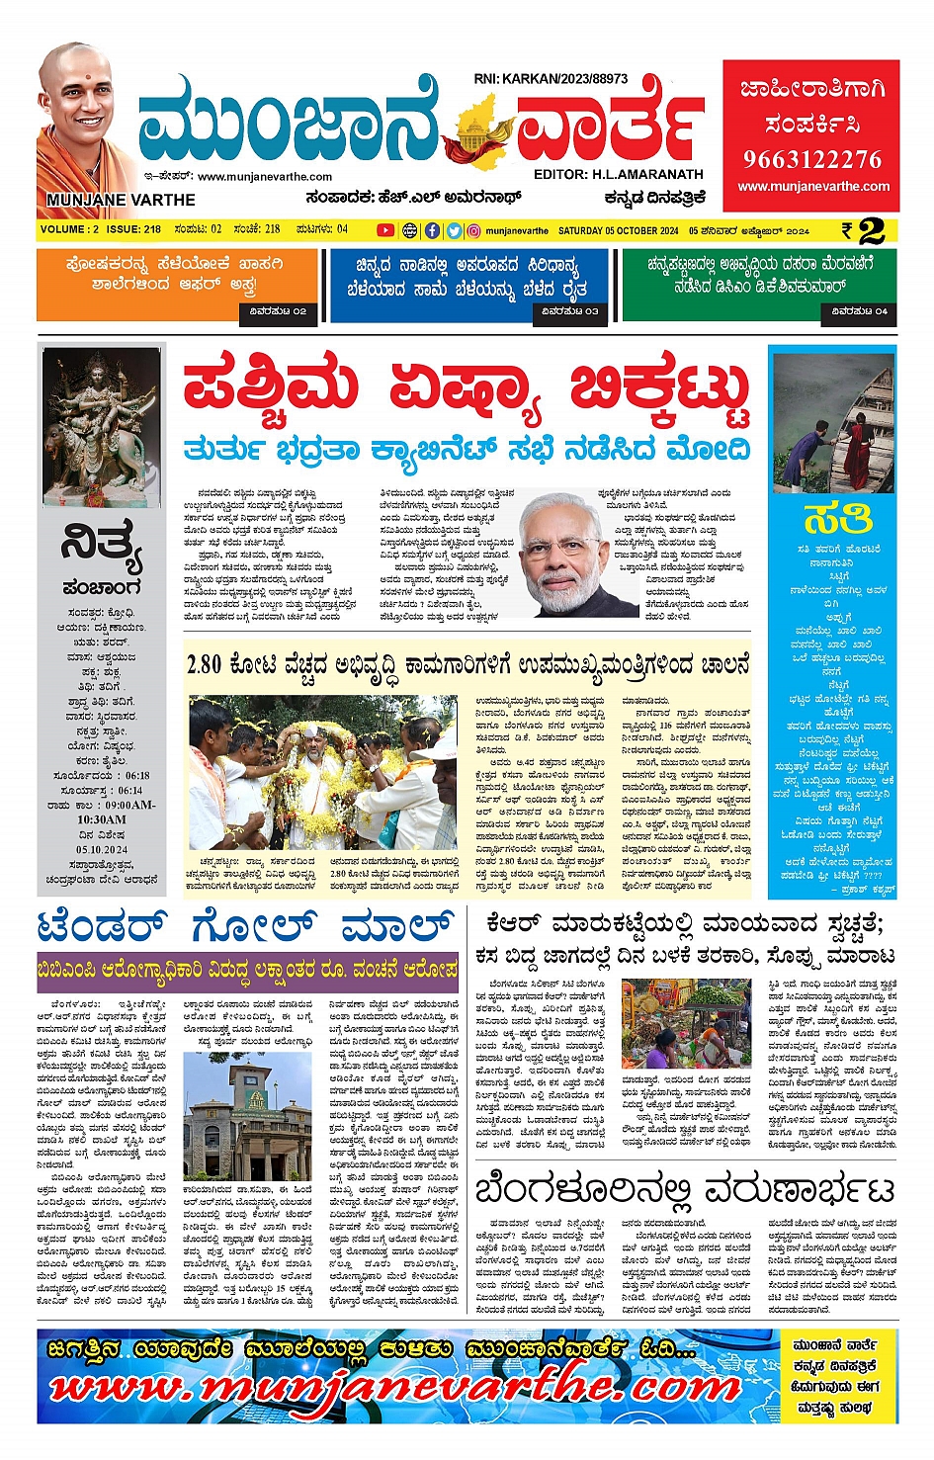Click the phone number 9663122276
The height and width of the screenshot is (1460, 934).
pos(811,159)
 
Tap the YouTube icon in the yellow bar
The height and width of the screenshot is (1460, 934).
pos(385,230)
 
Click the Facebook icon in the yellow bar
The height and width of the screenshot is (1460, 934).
pos(432,230)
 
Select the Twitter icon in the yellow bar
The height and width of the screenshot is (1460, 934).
pos(454,230)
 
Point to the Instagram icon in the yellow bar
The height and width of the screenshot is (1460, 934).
pos(474,230)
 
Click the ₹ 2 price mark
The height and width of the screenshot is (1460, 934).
pos(863,230)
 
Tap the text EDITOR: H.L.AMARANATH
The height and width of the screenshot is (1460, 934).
pos(618,174)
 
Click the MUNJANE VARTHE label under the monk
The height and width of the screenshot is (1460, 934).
pos(121,200)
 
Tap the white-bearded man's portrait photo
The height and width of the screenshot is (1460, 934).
pos(573,554)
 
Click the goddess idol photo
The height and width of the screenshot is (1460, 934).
pos(101,425)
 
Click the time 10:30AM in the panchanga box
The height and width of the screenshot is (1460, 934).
pos(102,819)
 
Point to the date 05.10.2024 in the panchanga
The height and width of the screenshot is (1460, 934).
pos(102,849)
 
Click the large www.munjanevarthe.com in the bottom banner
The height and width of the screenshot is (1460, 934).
pos(395,1389)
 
